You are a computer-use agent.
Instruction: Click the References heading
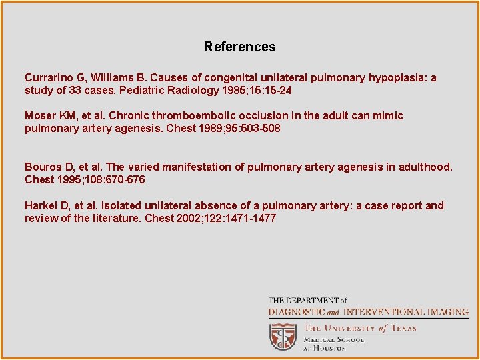point(239,47)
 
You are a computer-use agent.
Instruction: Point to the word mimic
point(387,115)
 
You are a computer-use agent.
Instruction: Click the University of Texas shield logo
point(283,337)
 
